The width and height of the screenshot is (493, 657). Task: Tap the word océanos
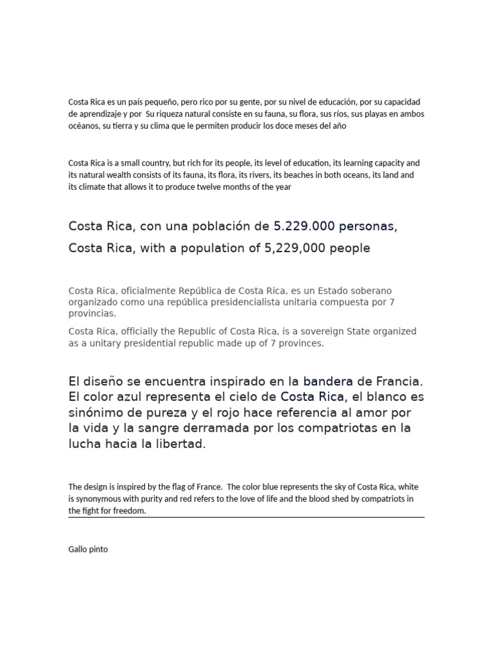(83, 126)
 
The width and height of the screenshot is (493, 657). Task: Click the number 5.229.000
(304, 226)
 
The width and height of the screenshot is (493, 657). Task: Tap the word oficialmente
(146, 291)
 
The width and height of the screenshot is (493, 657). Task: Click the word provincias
(92, 314)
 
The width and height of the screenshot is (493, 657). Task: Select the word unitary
(98, 343)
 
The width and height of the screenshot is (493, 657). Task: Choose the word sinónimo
(98, 413)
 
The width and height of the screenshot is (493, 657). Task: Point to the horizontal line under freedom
(246, 516)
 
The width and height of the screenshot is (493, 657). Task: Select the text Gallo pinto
(88, 549)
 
